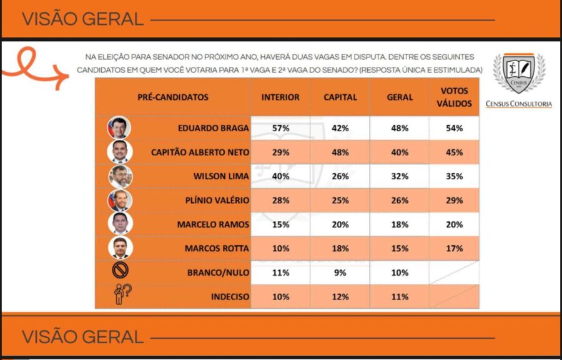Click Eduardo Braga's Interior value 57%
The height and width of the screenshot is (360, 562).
280,128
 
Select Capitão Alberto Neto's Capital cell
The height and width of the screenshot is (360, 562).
340,152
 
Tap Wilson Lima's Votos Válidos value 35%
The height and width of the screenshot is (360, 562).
455,177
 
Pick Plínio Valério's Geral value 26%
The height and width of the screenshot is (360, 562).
400,200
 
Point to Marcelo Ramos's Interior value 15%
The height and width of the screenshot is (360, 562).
280,225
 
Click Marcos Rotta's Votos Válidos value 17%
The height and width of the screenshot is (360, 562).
455,248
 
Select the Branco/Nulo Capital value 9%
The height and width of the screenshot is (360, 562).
340,273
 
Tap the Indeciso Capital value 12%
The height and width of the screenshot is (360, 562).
340,296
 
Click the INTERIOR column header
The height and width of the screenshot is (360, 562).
280,97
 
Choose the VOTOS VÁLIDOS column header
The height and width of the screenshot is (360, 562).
455,97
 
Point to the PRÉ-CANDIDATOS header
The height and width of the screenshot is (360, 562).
173,97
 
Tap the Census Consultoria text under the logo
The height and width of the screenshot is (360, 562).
518,104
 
